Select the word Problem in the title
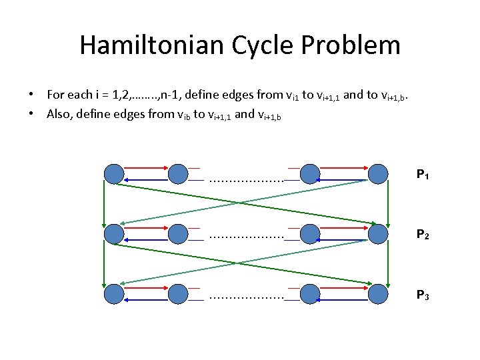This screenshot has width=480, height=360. pos(357,45)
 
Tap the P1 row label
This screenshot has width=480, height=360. pos(423,175)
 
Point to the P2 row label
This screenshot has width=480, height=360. pos(423,235)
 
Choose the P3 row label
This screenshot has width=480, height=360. pos(423,294)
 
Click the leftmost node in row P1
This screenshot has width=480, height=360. pos(115,174)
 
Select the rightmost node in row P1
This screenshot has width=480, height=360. pos(378,174)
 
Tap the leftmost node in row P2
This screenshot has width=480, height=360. pos(115,233)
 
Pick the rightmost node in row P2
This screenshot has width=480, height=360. pos(378,233)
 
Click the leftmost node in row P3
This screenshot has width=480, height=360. pos(115,293)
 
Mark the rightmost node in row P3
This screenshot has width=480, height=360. pos(378,293)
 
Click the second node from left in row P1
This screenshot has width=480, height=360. pos(178,174)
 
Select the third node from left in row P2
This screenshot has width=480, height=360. pos(310,233)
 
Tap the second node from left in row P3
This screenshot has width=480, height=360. pos(178,293)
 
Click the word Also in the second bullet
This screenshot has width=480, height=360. pos(59,114)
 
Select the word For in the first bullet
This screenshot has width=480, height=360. pos(55,95)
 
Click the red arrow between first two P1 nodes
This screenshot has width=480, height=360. pos(146,168)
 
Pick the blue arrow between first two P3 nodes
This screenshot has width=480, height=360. pos(146,299)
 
